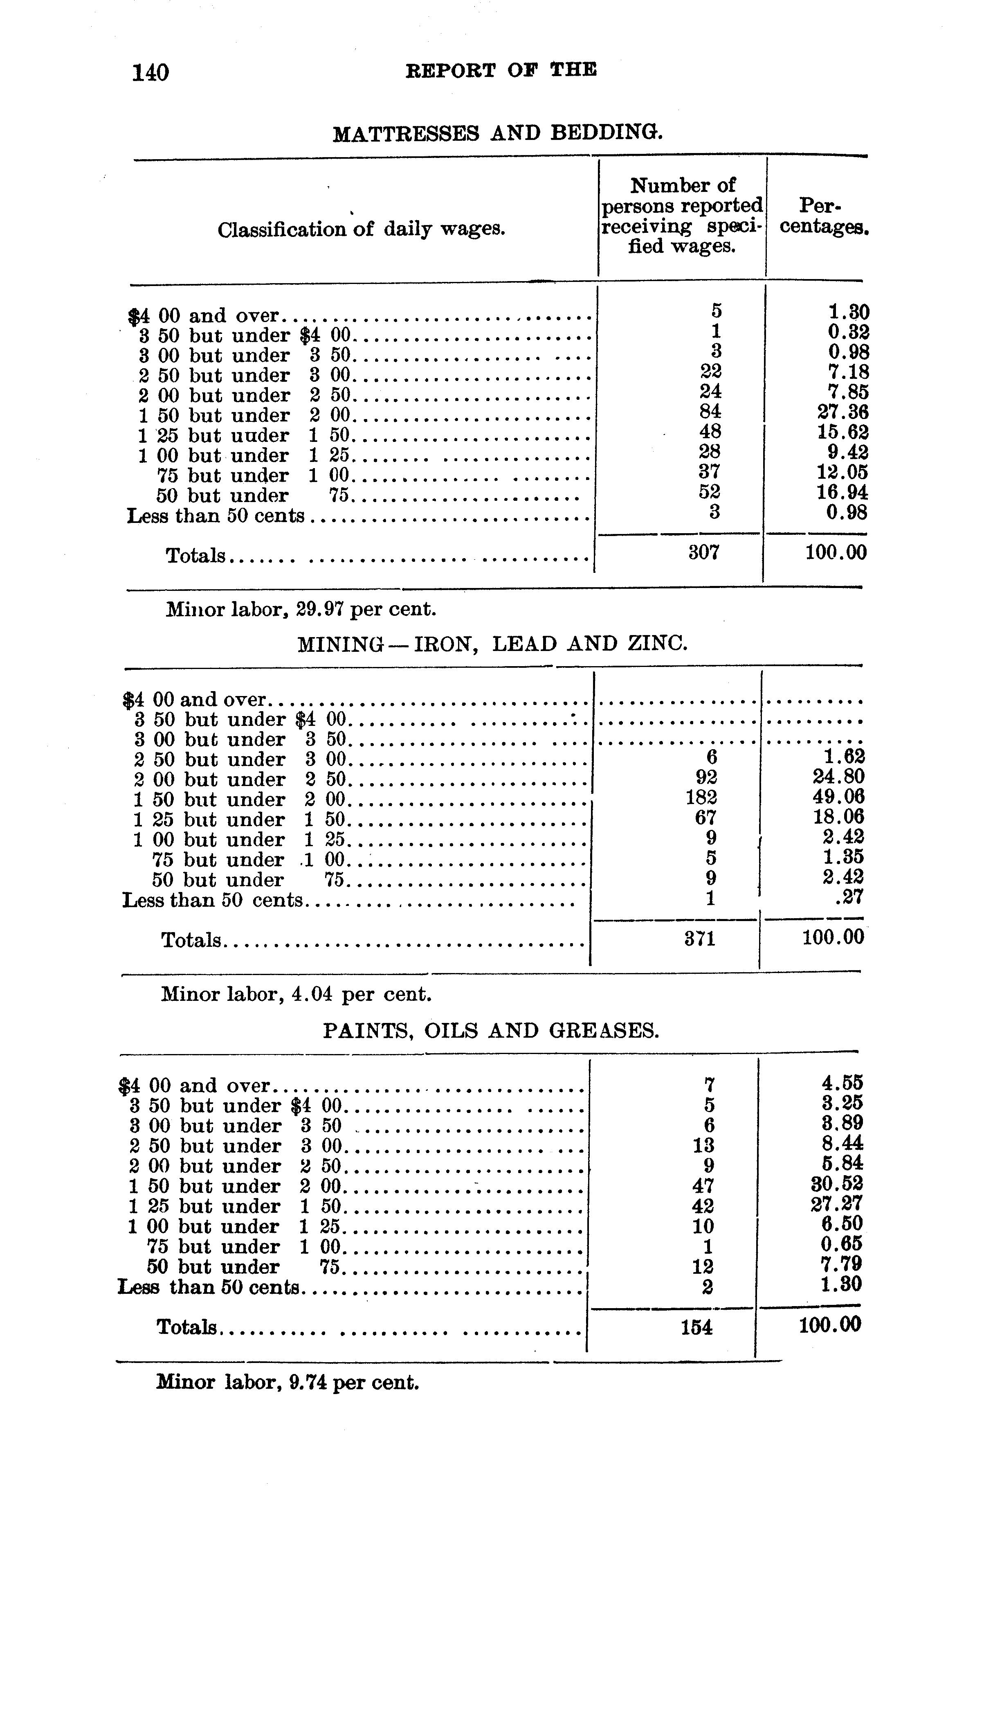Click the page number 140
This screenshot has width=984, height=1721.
click(150, 72)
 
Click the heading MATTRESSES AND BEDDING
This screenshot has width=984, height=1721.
click(497, 133)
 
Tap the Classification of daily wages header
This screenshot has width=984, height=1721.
click(362, 230)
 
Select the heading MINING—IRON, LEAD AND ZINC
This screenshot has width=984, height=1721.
click(492, 644)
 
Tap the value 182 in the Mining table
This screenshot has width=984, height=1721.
click(701, 797)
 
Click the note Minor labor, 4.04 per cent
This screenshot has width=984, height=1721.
click(296, 994)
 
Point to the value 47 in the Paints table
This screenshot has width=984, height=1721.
click(703, 1186)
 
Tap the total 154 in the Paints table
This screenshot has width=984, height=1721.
click(697, 1328)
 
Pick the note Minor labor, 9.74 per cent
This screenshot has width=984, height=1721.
click(287, 1382)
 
